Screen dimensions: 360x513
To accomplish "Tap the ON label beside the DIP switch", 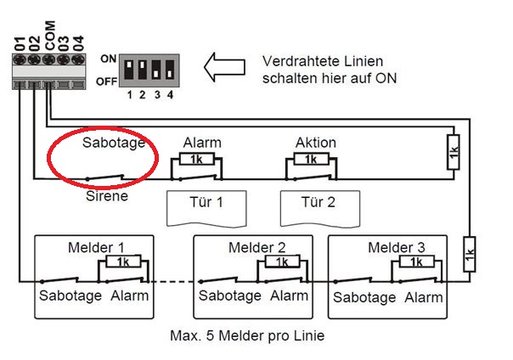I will (x=108, y=59).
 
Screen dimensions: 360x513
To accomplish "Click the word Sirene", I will (x=107, y=196).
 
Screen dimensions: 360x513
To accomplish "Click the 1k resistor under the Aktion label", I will (x=310, y=159).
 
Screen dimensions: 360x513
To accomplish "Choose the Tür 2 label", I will (x=319, y=203).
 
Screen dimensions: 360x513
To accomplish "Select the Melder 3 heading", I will (x=396, y=247).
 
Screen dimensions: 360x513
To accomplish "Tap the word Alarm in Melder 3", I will (x=423, y=297).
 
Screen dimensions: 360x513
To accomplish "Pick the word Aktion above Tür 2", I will (x=316, y=142).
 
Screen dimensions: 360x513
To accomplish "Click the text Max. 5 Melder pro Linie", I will (x=247, y=335).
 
